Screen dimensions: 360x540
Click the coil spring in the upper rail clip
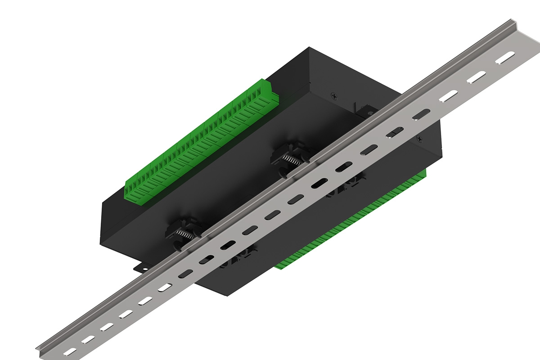point(291,159)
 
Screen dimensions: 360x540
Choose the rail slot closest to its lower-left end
point(70,351)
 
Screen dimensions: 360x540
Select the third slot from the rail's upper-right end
point(448,95)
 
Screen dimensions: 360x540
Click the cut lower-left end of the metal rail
point(43,351)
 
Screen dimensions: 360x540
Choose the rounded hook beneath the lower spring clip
point(178,245)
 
